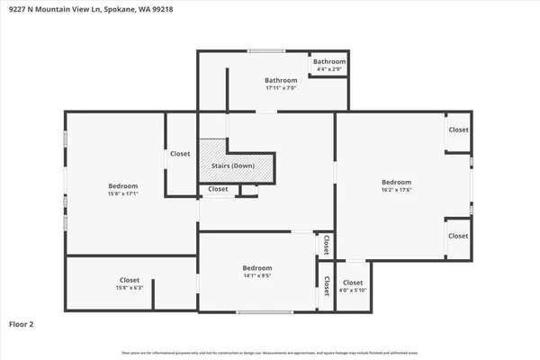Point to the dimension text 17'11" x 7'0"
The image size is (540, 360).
(281, 88)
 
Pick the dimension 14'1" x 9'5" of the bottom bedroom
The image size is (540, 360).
(256, 276)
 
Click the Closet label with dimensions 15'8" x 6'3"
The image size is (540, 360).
(130, 287)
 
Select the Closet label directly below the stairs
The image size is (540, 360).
(218, 189)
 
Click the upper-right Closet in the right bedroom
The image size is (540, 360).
(458, 130)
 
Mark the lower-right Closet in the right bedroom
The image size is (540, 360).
(458, 236)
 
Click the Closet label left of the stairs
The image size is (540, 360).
(180, 154)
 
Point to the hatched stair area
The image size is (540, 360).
(212, 153)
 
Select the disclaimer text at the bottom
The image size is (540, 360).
(270, 351)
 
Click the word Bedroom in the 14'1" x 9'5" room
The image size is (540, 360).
(256, 268)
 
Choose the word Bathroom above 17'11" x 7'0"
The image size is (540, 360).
(281, 80)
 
